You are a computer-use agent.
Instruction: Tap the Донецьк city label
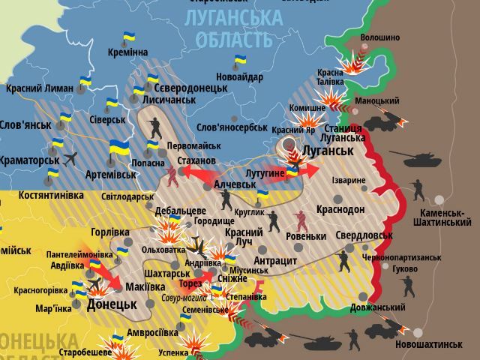pos(112,305)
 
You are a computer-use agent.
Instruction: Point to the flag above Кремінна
pos(129,36)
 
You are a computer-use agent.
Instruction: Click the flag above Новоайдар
pos(240,60)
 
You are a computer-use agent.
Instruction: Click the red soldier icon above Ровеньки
pos(301,220)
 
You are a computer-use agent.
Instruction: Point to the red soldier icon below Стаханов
pos(174,175)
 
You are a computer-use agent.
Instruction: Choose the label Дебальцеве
pos(180,211)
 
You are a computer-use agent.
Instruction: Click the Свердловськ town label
pos(364,235)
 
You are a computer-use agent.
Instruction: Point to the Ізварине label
pos(349,180)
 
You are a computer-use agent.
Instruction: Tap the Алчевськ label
pos(235,184)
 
